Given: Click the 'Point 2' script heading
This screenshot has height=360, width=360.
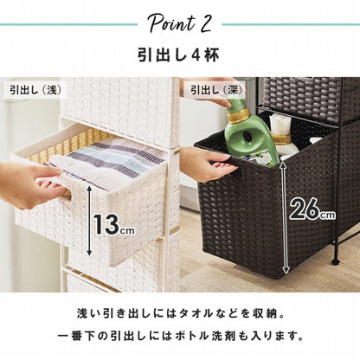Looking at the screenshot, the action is (x=180, y=23).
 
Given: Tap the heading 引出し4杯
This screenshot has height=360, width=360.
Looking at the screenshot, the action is (x=178, y=55).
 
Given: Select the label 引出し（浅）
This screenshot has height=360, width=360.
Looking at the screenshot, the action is (x=35, y=90).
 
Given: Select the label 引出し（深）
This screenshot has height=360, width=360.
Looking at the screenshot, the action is (x=218, y=90).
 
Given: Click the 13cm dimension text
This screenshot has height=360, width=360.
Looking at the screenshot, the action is (x=113, y=224).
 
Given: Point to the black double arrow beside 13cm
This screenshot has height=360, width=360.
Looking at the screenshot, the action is (x=89, y=221).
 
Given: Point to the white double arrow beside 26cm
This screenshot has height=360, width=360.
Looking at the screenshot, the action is (x=285, y=217).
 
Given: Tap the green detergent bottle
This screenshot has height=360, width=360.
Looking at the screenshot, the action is (x=250, y=136).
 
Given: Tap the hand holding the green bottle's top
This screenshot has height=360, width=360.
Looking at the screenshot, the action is (x=228, y=93).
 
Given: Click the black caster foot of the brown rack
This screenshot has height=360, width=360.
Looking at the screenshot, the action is (x=335, y=262).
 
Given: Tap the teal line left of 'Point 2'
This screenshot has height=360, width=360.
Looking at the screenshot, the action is (x=68, y=24).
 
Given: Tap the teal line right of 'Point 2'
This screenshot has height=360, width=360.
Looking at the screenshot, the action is (x=291, y=24).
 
